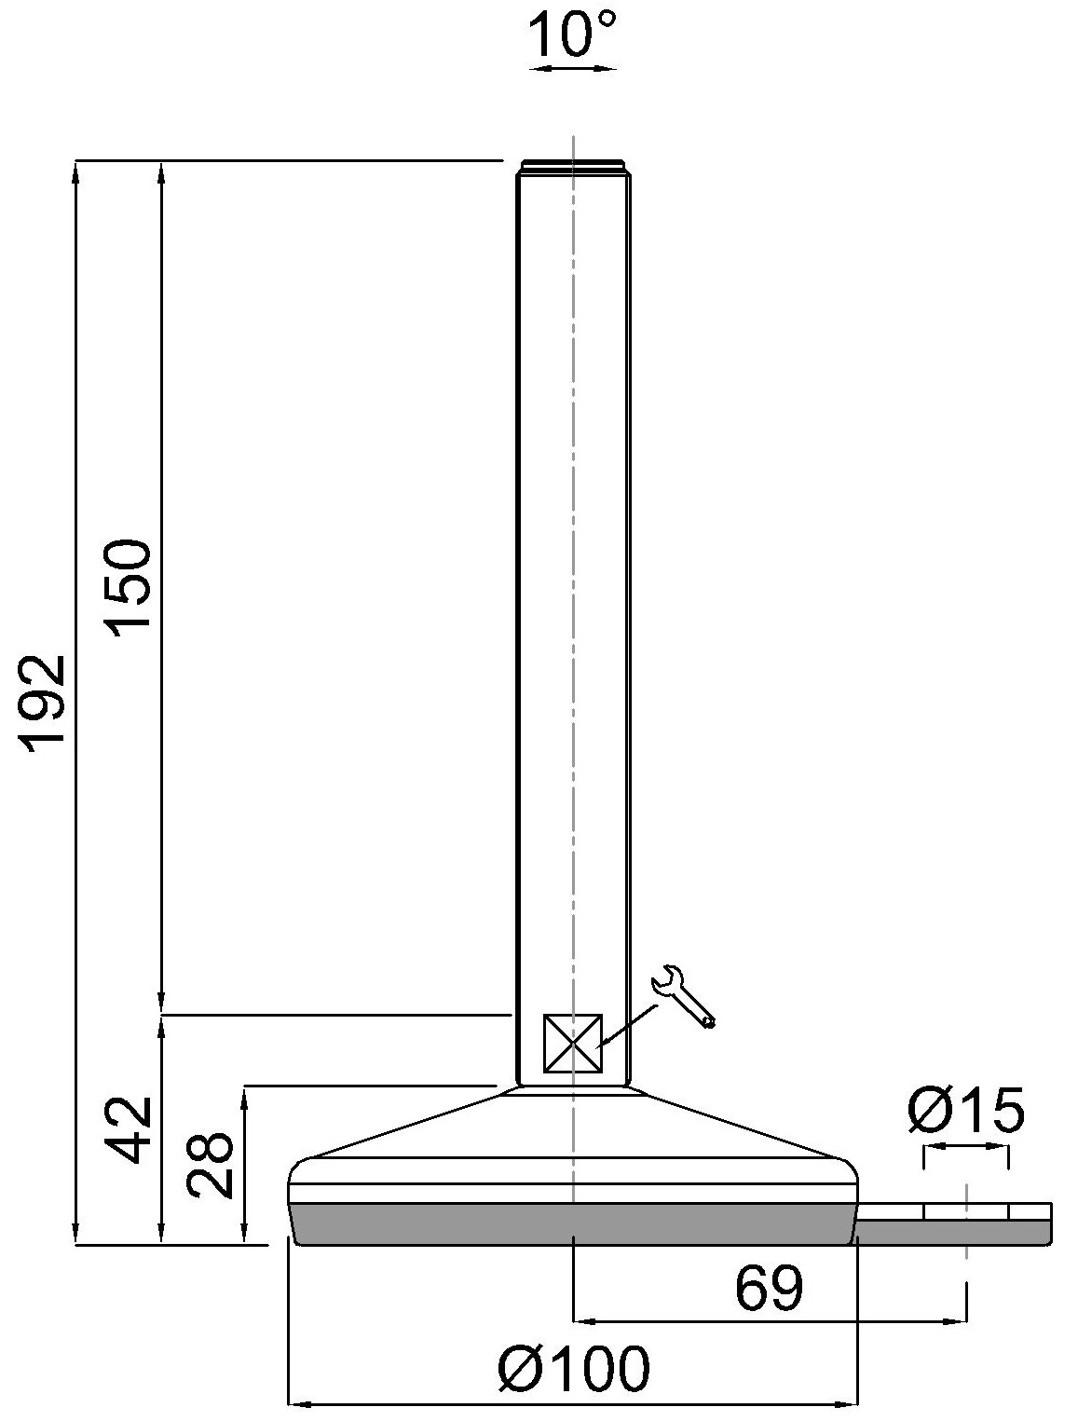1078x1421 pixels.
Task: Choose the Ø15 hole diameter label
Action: click(x=965, y=1110)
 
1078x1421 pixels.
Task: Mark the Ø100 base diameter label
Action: click(x=573, y=1370)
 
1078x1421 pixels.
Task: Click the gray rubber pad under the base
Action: click(x=572, y=1223)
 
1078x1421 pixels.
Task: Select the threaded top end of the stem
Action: click(x=573, y=167)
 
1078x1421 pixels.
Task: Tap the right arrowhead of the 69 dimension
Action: click(x=959, y=1319)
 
